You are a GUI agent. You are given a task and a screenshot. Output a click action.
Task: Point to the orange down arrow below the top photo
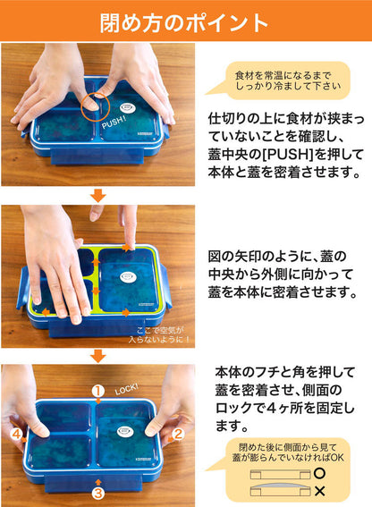pos(99,195)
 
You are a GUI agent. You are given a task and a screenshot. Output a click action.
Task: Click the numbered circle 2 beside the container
pos(177,435)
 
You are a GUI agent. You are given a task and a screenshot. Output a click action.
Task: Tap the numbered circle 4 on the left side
pos(16,435)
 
